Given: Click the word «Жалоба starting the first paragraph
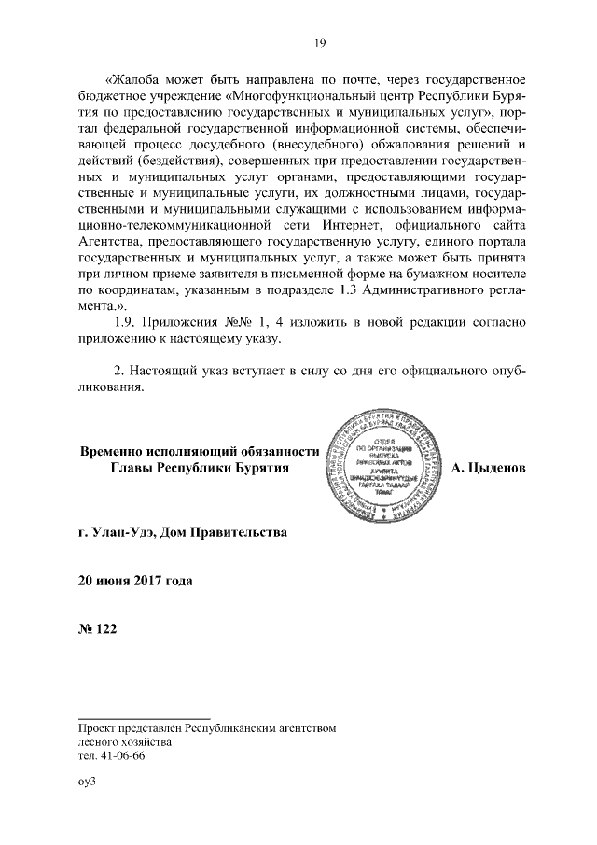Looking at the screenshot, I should tap(141, 77).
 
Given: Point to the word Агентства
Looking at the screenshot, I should tap(110, 245).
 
